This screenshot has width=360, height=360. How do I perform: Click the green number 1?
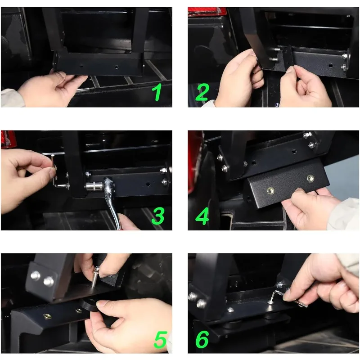click(157, 92)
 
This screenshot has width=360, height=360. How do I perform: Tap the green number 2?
click(202, 92)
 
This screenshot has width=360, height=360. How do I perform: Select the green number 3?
click(158, 216)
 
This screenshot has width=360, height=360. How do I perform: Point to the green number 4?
click(202, 216)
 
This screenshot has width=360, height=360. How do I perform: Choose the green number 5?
click(161, 339)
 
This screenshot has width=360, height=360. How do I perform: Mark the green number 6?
click(202, 339)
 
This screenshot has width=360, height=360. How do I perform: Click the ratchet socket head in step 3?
click(94, 186)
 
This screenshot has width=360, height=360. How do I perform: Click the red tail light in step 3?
click(9, 139)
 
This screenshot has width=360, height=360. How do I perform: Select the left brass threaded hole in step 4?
click(270, 190)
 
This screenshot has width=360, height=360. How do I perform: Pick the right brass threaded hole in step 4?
click(310, 178)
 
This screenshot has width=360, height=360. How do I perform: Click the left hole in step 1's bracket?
click(81, 66)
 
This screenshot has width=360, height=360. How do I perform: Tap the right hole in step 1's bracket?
click(117, 67)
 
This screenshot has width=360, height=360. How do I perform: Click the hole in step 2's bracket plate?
click(331, 66)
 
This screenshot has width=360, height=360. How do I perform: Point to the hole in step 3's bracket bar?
click(148, 184)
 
